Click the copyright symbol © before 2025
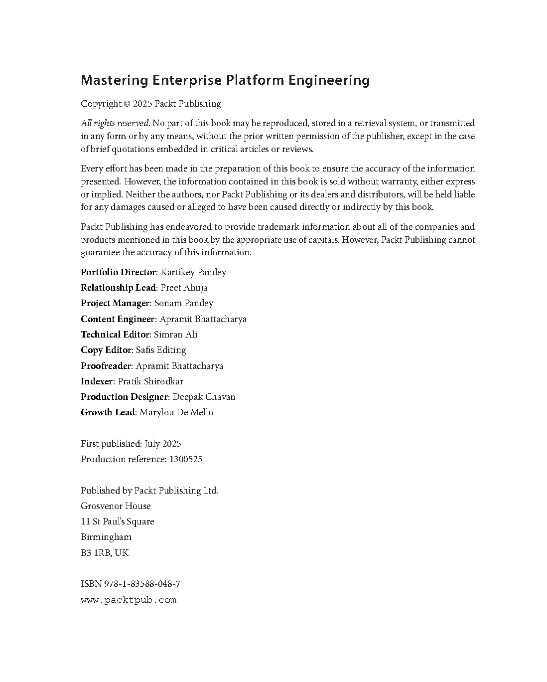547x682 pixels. [127, 104]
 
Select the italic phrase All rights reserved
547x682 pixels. [115, 123]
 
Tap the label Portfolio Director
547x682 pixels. [119, 272]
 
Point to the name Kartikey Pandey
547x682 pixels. [193, 272]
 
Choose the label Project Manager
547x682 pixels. [115, 303]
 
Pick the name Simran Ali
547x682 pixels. [175, 335]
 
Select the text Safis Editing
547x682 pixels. [160, 350]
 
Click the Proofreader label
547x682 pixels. [106, 366]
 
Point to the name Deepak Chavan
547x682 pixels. [204, 397]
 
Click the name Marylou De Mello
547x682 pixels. [176, 412]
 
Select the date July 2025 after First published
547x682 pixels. [162, 444]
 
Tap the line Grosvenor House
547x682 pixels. [116, 506]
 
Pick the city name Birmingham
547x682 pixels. [106, 537]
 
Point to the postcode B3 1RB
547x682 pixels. [96, 553]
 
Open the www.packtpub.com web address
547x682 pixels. [129, 600]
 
